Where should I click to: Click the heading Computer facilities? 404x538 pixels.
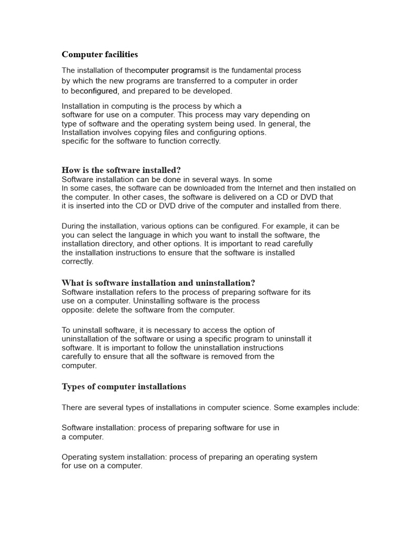(99, 55)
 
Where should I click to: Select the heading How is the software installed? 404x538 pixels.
(121, 170)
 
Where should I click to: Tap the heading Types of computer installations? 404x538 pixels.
(124, 387)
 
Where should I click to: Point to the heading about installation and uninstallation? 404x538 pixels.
(158, 283)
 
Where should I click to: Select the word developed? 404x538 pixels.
(212, 91)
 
